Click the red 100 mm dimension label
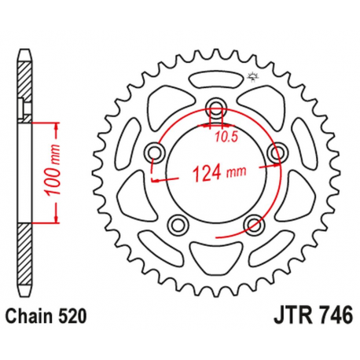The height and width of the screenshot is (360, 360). tap(46, 170)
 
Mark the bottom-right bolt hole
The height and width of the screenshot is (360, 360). tap(253, 226)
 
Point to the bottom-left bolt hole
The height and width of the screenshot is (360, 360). tap(179, 226)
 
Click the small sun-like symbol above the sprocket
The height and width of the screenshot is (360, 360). tap(253, 77)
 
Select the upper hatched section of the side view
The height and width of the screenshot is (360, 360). tap(27, 86)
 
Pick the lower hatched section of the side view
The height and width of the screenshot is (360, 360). tap(27, 252)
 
